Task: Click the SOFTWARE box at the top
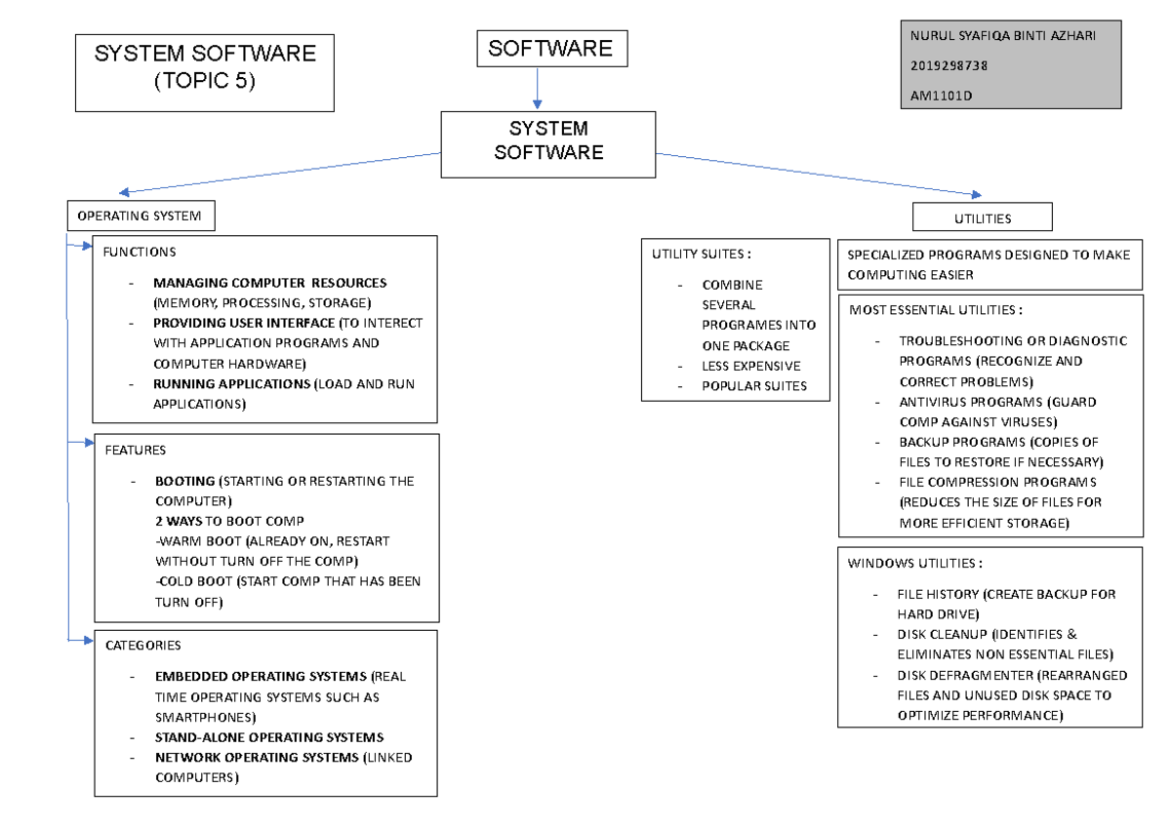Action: (551, 49)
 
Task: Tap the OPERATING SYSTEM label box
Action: (141, 216)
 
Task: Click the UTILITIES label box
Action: (983, 218)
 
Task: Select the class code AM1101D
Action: (942, 96)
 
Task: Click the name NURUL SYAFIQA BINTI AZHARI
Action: (1002, 36)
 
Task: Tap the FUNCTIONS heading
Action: (140, 252)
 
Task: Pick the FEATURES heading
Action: (136, 450)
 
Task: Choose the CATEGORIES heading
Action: (142, 645)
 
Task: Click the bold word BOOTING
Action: (184, 481)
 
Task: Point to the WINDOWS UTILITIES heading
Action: (914, 563)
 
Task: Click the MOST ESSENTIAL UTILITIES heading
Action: (936, 310)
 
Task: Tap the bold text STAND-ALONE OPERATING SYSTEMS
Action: (268, 737)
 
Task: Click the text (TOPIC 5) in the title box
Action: (204, 82)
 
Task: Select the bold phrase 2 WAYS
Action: (179, 521)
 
